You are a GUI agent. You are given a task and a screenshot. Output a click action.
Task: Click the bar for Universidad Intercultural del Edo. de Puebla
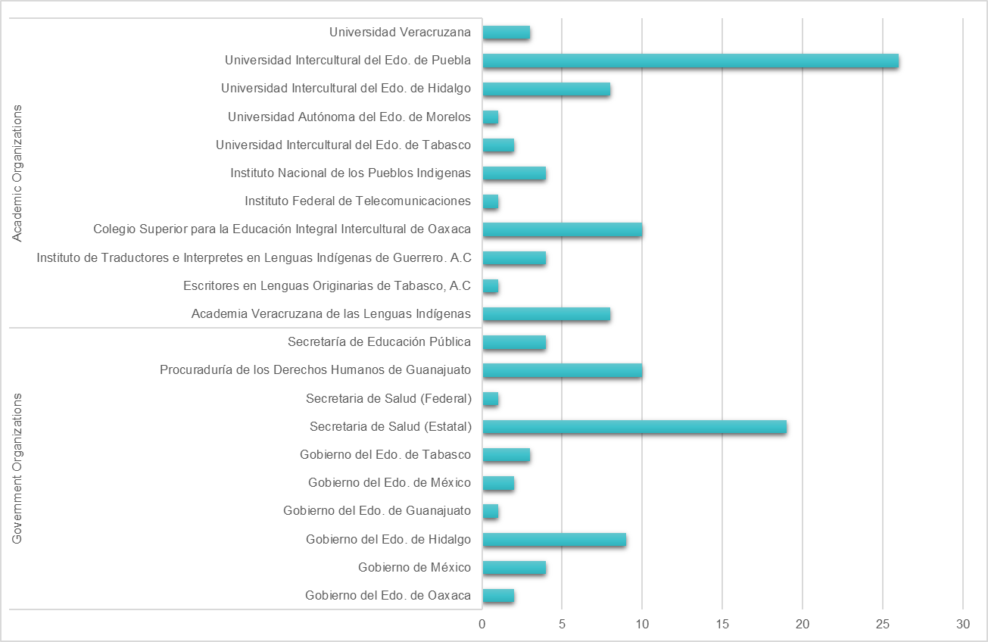click(x=690, y=61)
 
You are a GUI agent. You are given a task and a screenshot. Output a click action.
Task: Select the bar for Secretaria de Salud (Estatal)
click(x=634, y=427)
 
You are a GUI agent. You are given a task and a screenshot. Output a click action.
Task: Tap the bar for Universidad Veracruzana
click(x=506, y=33)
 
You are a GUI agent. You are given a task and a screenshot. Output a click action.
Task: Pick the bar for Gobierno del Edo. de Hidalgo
click(x=554, y=540)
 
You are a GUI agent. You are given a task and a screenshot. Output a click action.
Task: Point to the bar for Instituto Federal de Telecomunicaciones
click(x=490, y=201)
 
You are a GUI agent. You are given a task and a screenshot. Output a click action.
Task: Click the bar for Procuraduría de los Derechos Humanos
click(x=562, y=370)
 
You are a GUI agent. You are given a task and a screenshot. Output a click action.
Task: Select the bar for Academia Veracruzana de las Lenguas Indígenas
click(x=546, y=314)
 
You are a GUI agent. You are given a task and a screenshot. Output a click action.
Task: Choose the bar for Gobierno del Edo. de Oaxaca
click(x=498, y=596)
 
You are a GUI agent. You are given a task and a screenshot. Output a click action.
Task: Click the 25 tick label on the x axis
click(x=883, y=625)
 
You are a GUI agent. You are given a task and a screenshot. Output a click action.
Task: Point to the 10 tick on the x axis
click(x=642, y=625)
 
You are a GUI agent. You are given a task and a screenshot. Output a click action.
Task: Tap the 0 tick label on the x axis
click(x=482, y=625)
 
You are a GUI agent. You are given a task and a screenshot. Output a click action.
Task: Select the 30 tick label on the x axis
click(x=963, y=625)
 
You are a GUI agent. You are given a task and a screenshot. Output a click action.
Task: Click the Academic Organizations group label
click(x=17, y=173)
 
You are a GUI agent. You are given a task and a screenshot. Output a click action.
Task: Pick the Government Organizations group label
click(x=17, y=468)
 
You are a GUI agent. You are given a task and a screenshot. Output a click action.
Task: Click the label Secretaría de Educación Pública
click(x=379, y=342)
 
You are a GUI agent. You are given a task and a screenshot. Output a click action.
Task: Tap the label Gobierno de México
click(x=415, y=568)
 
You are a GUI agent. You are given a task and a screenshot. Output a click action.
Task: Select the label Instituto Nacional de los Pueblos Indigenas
click(x=351, y=173)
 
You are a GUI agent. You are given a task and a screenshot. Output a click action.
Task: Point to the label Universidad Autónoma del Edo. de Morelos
click(x=350, y=117)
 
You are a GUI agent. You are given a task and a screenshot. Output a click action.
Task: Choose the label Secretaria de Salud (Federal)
click(x=389, y=399)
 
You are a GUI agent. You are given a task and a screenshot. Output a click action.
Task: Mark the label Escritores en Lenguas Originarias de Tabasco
click(x=327, y=286)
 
